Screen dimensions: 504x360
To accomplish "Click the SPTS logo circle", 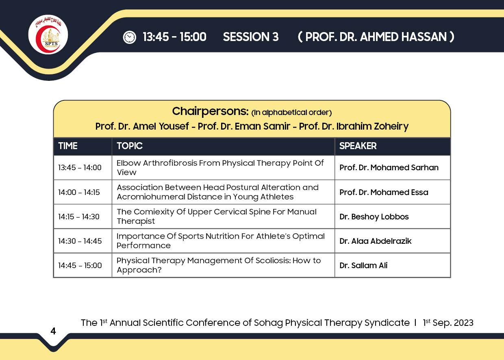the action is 48,35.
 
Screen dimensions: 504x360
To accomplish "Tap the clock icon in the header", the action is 129,37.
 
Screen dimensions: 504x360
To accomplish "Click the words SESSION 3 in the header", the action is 251,37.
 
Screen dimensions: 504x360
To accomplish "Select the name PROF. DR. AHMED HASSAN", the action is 376,37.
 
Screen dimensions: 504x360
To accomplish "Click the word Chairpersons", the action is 211,111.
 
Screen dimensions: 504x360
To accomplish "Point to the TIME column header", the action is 68,146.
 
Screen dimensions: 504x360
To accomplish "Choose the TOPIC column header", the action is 130,146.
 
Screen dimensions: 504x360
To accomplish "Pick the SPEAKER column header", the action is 358,146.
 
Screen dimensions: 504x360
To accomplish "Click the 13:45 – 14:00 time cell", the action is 80,167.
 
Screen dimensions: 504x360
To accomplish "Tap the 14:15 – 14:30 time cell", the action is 79,217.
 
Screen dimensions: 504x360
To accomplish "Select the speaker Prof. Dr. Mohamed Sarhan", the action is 389,167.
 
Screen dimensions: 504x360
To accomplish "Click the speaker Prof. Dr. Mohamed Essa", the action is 384,192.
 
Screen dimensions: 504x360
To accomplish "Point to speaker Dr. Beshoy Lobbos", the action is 374,217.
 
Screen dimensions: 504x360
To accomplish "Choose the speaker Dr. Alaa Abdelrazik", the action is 376,241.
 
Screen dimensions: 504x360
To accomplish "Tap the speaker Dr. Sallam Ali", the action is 363,266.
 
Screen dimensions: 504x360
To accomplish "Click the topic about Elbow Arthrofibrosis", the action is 220,168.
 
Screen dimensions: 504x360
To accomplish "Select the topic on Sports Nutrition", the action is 220,241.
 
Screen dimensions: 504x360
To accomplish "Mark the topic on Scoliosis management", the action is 219,265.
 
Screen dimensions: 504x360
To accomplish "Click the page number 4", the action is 53,331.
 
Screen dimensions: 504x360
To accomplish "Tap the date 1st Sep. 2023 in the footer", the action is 448,323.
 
